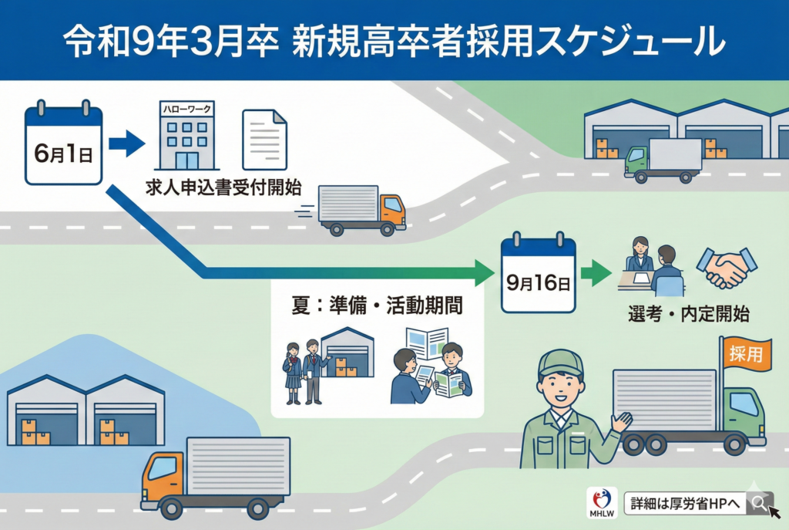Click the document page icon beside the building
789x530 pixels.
coord(264,139)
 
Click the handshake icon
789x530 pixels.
coord(726,267)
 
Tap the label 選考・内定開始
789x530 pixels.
coord(688,314)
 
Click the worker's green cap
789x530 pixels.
coord(560,362)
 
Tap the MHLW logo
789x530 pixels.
coord(601,503)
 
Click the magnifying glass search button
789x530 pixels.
coord(760,503)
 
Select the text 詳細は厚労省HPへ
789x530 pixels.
coord(683,503)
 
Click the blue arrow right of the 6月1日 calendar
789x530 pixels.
coord(126,143)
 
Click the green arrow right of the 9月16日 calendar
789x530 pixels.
coord(596,273)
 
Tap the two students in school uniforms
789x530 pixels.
coord(303,370)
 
